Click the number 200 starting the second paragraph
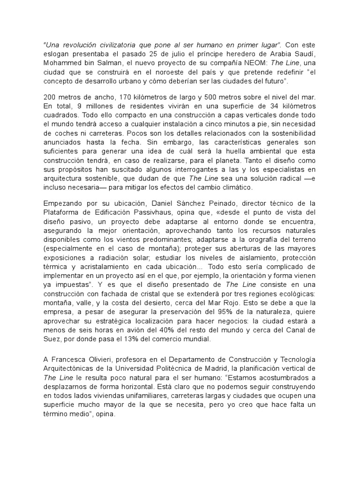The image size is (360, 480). point(50,97)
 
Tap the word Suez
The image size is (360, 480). point(52,339)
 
